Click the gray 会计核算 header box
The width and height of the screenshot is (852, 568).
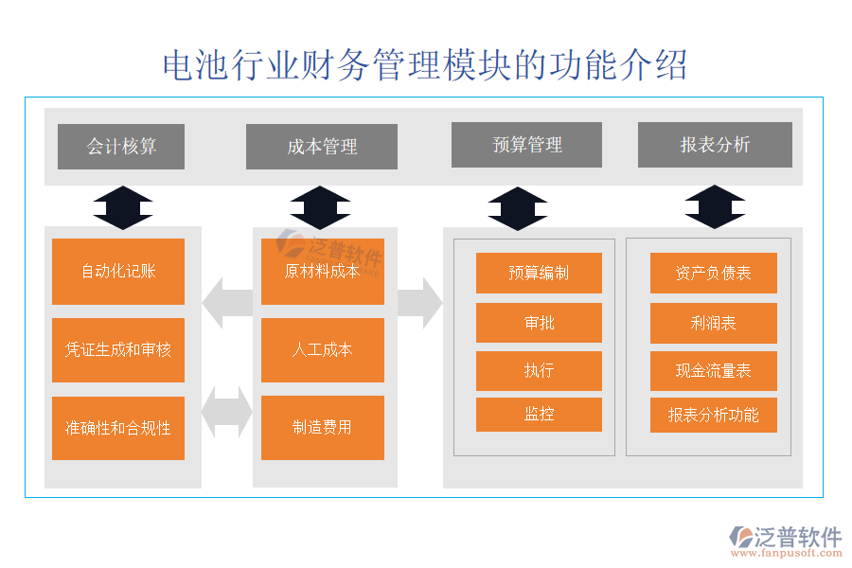[121, 147]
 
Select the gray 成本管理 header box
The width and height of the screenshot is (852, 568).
[322, 147]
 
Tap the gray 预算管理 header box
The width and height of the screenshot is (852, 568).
[526, 145]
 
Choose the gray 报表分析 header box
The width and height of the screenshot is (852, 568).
[715, 145]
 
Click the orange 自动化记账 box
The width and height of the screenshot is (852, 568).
[118, 272]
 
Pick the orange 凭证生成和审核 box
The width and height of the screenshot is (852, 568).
[118, 350]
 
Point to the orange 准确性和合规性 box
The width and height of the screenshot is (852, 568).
[118, 428]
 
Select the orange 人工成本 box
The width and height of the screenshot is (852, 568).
[322, 350]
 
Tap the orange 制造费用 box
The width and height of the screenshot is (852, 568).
[322, 428]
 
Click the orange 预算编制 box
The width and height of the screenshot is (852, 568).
[539, 274]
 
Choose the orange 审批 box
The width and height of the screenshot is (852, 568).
[539, 323]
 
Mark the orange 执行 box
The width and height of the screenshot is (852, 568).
[539, 370]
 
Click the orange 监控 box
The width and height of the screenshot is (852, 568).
[539, 415]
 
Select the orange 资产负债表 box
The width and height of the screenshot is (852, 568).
[713, 274]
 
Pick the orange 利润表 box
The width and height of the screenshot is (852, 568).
[713, 323]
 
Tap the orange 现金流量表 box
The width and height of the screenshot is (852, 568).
[713, 370]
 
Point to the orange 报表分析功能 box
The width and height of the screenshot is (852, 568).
[713, 415]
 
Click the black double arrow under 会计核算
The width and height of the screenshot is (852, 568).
[122, 207]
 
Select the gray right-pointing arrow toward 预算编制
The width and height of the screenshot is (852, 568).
[419, 303]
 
